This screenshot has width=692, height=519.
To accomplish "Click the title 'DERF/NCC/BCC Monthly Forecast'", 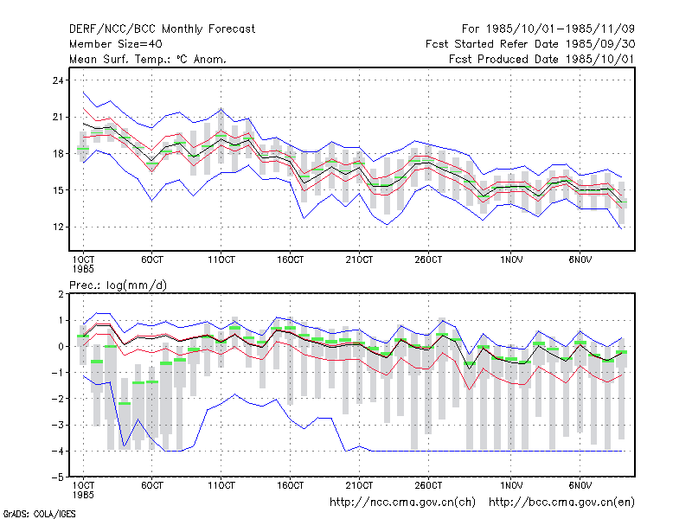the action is click(162, 29).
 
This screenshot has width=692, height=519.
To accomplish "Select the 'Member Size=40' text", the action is click(116, 44).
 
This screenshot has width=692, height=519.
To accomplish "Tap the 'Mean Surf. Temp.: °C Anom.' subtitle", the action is click(148, 59).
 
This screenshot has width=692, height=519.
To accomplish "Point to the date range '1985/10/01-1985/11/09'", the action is click(561, 29).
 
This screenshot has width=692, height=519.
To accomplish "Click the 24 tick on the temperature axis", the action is click(58, 80).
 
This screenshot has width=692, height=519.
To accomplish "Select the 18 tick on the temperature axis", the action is click(58, 154).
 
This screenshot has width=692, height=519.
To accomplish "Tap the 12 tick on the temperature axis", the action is click(58, 227).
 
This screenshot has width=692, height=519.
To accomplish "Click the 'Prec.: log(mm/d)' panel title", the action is click(118, 285).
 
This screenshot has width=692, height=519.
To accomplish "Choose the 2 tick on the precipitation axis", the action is click(61, 294).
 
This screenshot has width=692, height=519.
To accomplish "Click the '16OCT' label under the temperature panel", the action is click(290, 260).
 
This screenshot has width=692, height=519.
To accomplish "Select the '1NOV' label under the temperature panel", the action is click(511, 260).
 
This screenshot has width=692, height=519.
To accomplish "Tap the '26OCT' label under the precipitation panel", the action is click(428, 485).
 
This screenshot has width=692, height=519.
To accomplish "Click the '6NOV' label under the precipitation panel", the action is click(580, 485).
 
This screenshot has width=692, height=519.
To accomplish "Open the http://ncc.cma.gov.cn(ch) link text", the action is click(402, 503).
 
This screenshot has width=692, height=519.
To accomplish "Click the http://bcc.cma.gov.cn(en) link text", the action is click(561, 503).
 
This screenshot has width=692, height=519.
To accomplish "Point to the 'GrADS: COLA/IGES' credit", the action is click(39, 514).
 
